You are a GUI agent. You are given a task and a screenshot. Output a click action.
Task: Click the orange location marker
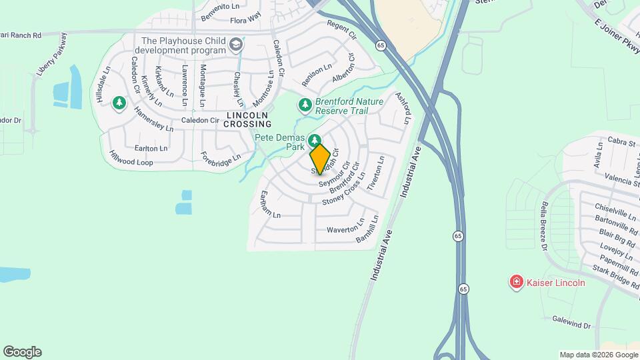coord(319,158)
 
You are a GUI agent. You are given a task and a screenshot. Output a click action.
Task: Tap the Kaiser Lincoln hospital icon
coord(516,283)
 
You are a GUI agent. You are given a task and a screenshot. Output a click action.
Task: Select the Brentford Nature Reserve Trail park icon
coord(305,105)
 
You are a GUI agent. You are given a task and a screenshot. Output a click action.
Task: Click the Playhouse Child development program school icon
coord(235,45)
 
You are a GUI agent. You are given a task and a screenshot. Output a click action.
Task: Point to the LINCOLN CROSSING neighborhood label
coord(247,119)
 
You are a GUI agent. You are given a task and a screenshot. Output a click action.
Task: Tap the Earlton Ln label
coord(151,148)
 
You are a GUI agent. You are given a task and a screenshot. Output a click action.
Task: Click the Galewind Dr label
coord(571,323)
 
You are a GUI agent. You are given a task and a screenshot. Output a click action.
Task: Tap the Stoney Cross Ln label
coord(343,190)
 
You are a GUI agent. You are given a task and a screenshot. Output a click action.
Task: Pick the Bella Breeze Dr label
coord(545,226)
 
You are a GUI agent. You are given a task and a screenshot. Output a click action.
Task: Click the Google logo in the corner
coord(22,352)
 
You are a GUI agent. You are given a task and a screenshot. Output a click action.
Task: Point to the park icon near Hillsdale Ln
coord(119,103)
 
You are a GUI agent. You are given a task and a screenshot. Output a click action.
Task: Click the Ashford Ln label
coord(401,110)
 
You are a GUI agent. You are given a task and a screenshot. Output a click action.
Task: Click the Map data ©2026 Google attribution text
coord(598,355)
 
